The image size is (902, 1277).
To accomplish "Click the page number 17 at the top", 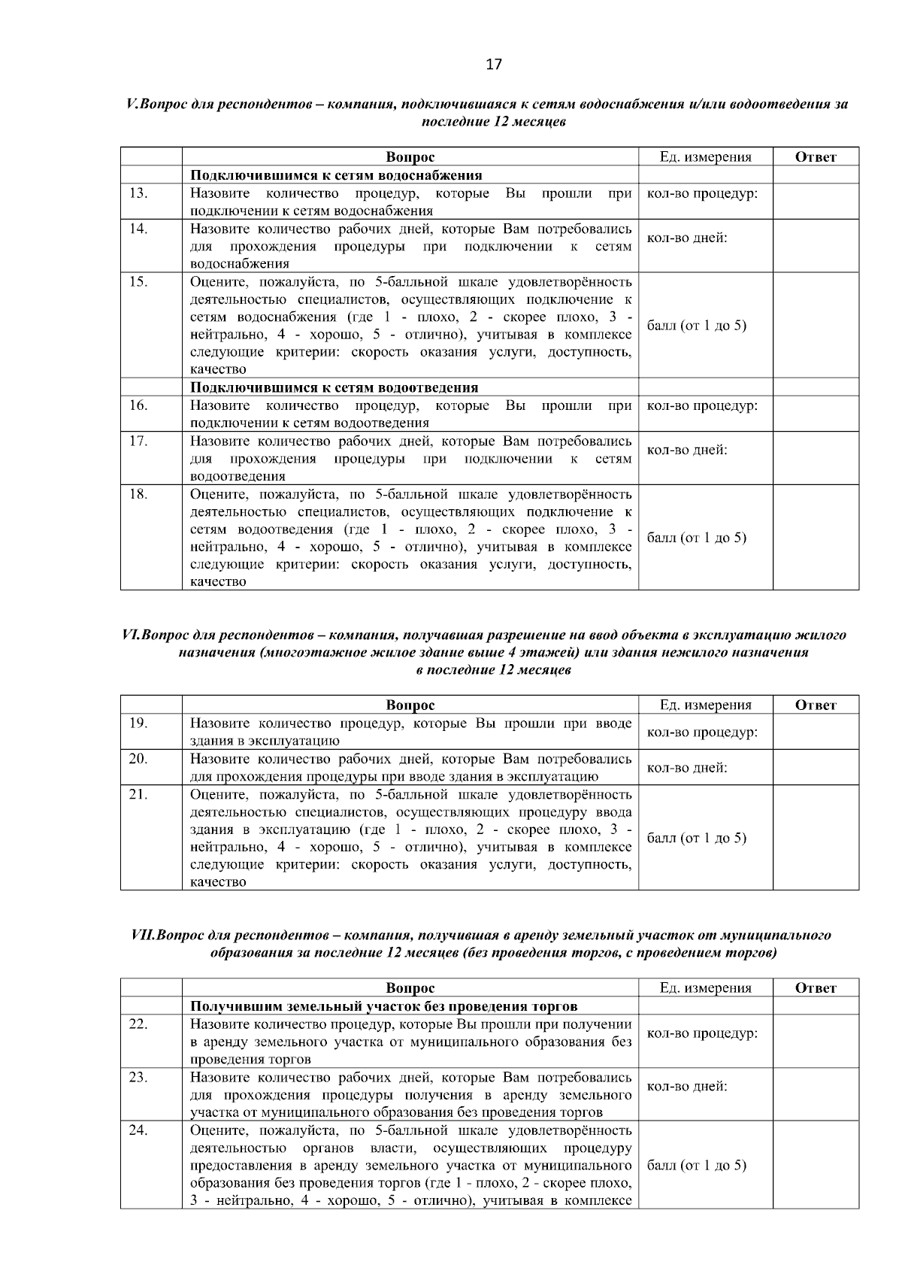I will tap(493, 64).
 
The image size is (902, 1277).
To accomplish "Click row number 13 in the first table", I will tap(138, 193).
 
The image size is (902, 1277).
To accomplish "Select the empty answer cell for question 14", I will tap(816, 246).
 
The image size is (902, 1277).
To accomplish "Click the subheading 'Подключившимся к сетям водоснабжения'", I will tap(335, 175).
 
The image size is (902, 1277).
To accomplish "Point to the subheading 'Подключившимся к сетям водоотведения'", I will tap(334, 387).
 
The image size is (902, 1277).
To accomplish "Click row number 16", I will tap(138, 405).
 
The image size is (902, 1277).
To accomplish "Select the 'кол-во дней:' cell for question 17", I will tap(687, 450).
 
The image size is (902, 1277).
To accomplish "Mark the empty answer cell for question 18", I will tap(816, 537).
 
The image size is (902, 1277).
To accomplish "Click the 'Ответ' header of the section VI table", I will tap(816, 705).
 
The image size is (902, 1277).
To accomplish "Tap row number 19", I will tap(138, 723).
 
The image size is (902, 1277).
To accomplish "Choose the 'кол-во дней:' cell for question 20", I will tap(687, 768).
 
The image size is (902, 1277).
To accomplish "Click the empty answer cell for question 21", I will tap(816, 838).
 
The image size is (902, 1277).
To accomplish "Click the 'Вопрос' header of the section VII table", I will tap(410, 987).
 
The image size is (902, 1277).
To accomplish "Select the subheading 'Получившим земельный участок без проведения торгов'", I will tap(383, 1006).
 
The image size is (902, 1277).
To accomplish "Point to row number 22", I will tap(138, 1024).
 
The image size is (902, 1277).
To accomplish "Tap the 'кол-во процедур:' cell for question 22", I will tap(702, 1033).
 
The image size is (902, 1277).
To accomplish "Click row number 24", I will tap(138, 1130).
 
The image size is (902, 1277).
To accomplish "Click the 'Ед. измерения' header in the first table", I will tap(705, 157).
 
